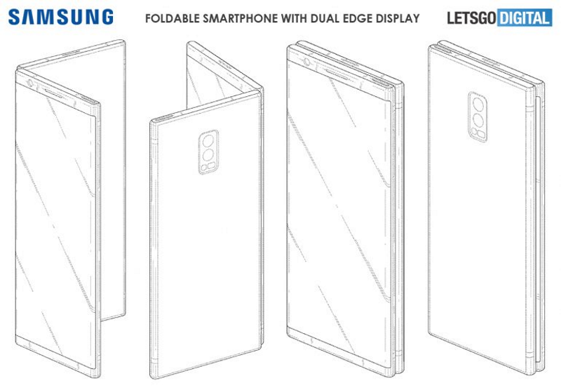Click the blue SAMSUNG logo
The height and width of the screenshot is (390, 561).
[61, 17]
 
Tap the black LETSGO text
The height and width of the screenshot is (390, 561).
[471, 18]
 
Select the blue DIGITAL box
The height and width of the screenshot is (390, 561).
[525, 18]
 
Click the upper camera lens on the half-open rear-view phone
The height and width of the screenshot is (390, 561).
[208, 141]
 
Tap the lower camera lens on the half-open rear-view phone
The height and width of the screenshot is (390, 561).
[208, 155]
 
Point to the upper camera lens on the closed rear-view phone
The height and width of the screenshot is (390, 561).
[478, 105]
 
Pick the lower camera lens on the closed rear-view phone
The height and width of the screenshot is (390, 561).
[478, 120]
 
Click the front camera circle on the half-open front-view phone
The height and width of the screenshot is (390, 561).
[29, 83]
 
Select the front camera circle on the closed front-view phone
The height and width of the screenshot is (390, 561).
[307, 62]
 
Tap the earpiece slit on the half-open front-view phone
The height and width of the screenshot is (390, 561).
[54, 93]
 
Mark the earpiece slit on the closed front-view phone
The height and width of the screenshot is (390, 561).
[337, 74]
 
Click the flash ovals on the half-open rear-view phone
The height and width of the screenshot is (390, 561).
[208, 167]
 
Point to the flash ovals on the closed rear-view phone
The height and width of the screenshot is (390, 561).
[478, 133]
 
